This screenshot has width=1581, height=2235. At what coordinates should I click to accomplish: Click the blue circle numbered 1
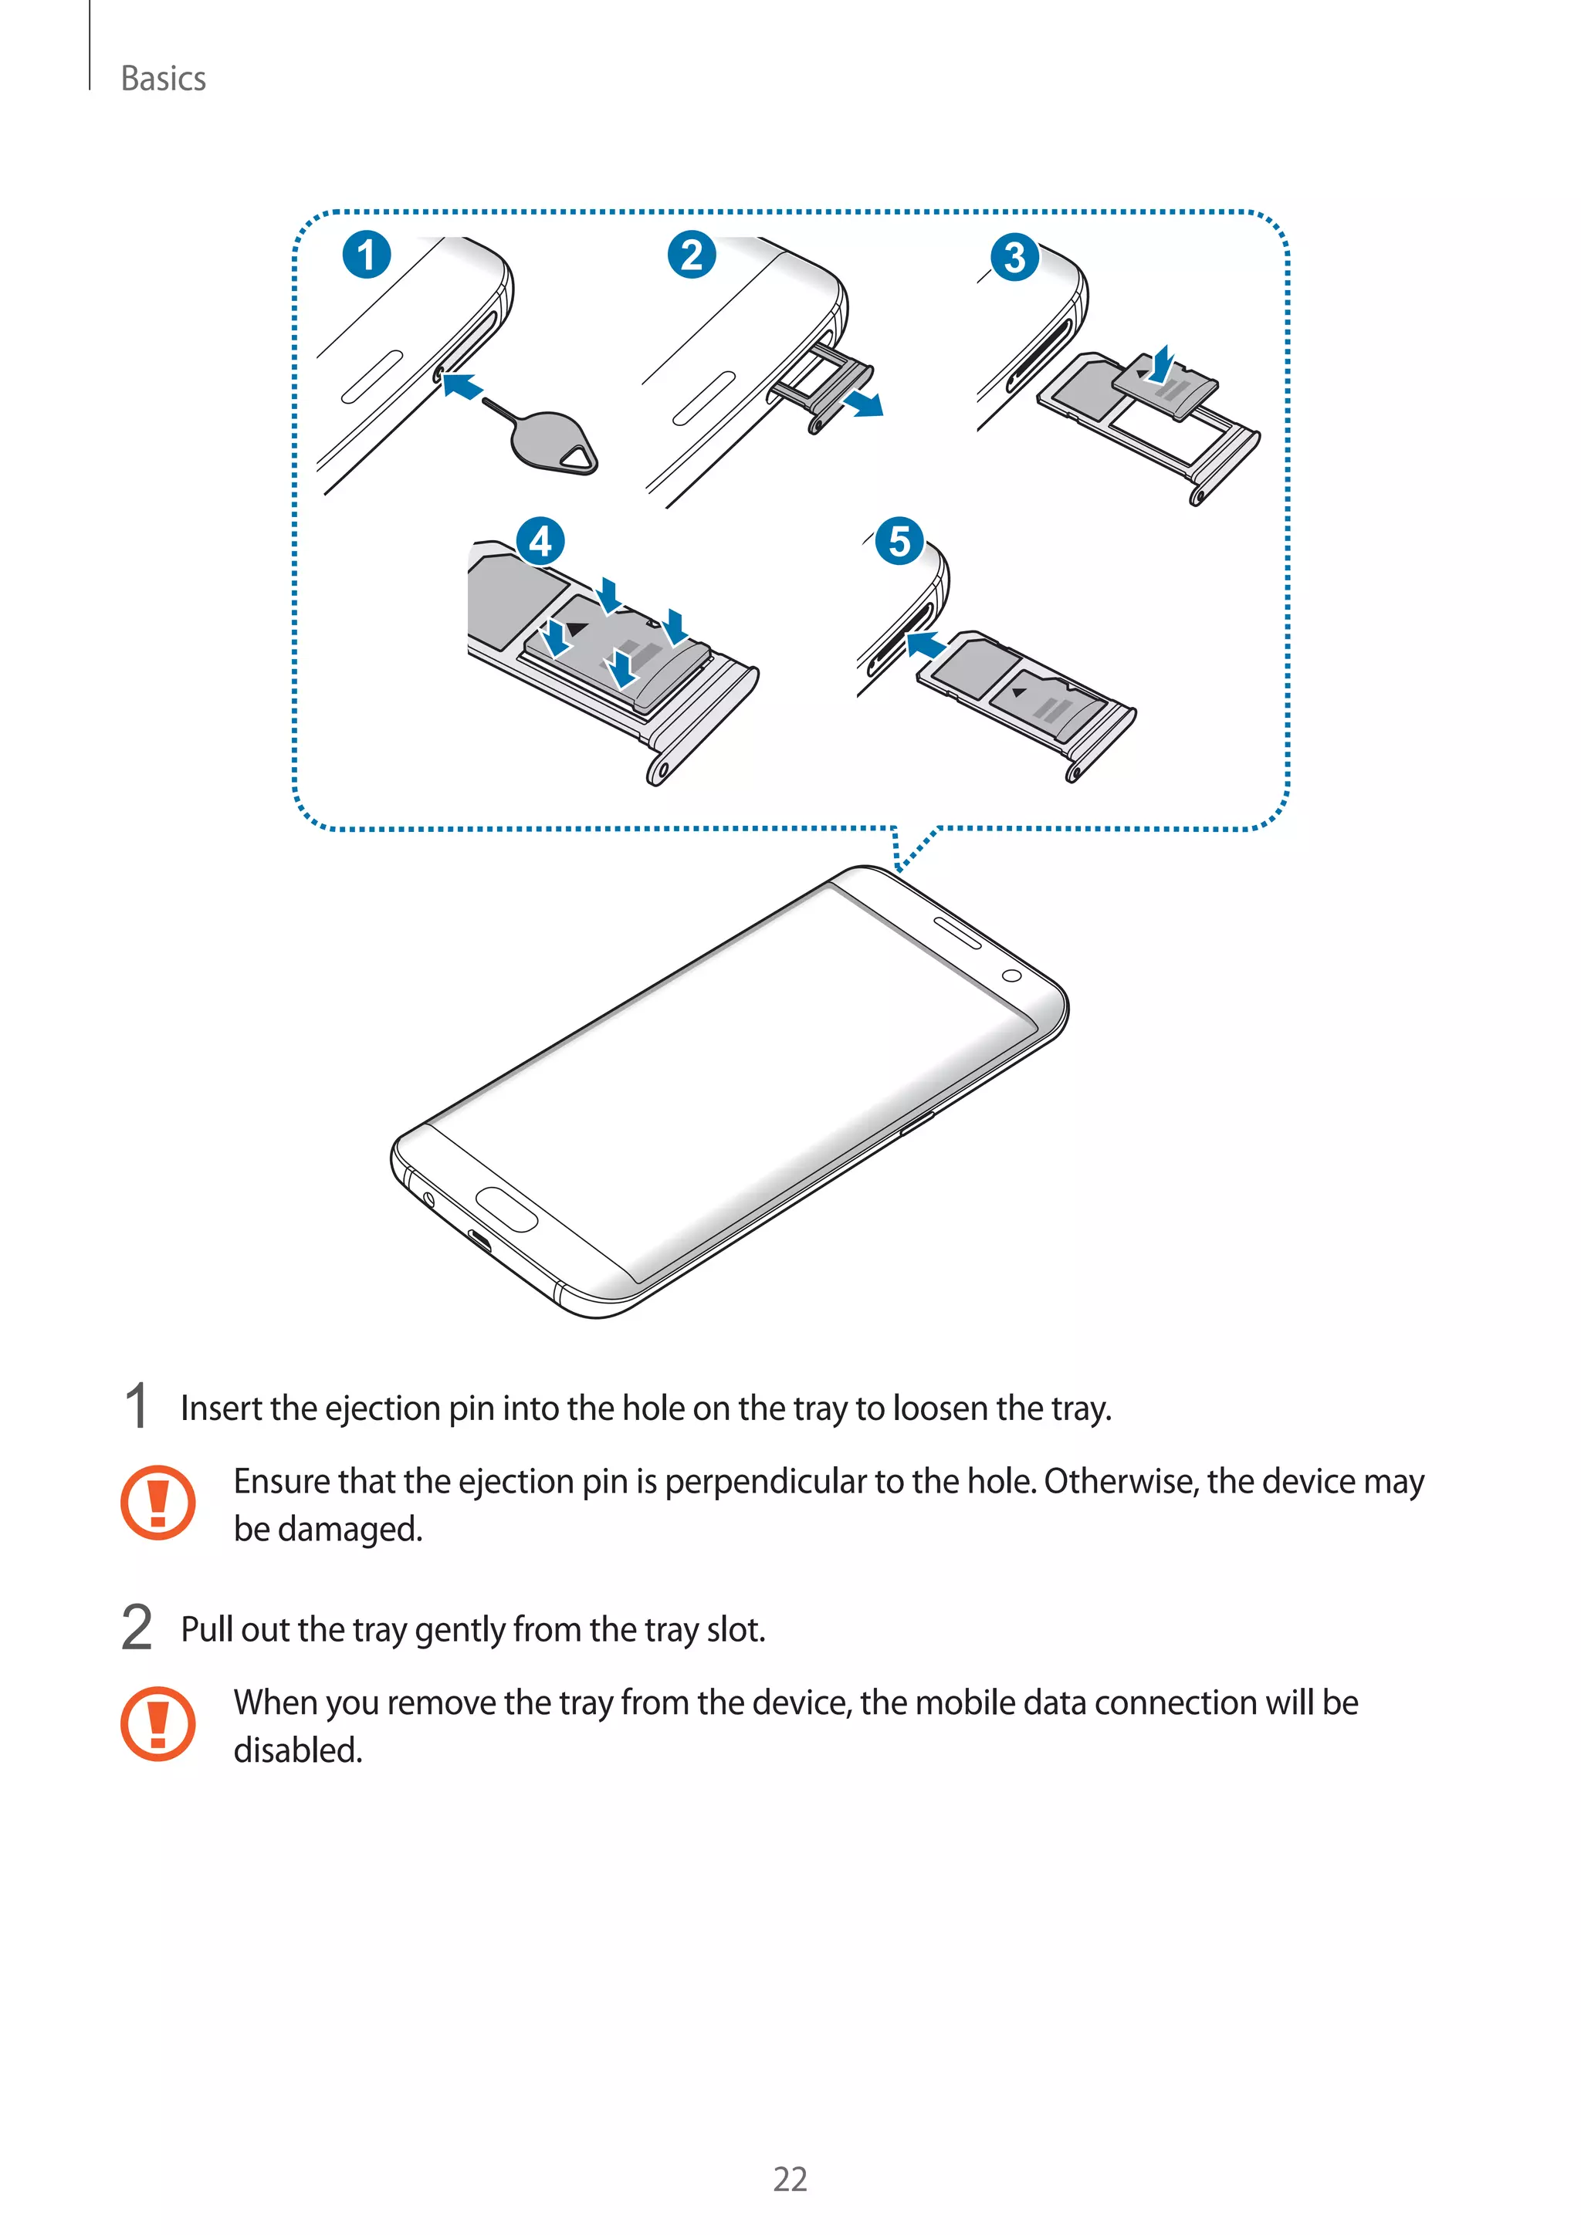pyautogui.click(x=366, y=255)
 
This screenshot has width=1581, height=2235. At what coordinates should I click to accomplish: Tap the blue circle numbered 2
pyautogui.click(x=691, y=255)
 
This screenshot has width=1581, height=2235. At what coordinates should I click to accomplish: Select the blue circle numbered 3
pyautogui.click(x=1014, y=258)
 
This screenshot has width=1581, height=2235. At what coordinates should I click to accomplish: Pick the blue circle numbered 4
pyautogui.click(x=540, y=541)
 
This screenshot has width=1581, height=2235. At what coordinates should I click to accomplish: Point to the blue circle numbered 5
pyautogui.click(x=899, y=541)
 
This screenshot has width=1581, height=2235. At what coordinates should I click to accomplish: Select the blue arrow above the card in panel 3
pyautogui.click(x=1161, y=364)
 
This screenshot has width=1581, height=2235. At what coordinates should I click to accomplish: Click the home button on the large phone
pyautogui.click(x=506, y=1209)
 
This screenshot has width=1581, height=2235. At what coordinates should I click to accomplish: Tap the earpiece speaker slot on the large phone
pyautogui.click(x=957, y=932)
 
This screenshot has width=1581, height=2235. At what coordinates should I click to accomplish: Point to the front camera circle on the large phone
pyautogui.click(x=1011, y=975)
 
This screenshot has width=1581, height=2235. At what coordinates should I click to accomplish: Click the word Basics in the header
pyautogui.click(x=163, y=79)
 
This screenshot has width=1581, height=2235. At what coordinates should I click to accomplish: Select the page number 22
pyautogui.click(x=790, y=2179)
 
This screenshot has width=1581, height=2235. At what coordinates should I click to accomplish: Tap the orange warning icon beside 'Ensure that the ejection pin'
pyautogui.click(x=157, y=1502)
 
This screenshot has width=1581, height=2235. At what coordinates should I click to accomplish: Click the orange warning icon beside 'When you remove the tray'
pyautogui.click(x=157, y=1723)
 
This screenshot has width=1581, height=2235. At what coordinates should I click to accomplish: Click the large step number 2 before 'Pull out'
pyautogui.click(x=137, y=1628)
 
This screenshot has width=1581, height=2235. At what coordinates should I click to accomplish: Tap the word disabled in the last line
pyautogui.click(x=297, y=1750)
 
